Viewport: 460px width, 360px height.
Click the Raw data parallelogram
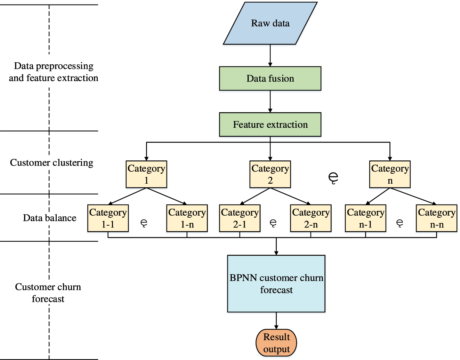pyautogui.click(x=270, y=23)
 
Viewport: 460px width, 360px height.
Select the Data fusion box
pyautogui.click(x=270, y=79)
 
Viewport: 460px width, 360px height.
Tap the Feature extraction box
pyautogui.click(x=270, y=125)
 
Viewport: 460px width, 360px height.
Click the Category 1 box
pyautogui.click(x=146, y=174)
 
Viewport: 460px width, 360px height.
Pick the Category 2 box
pyautogui.click(x=270, y=174)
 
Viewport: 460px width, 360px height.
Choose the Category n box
pyautogui.click(x=390, y=174)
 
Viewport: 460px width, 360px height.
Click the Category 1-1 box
pyautogui.click(x=108, y=218)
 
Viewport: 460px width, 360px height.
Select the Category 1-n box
pyautogui.click(x=187, y=218)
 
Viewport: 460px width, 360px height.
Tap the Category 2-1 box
pyautogui.click(x=240, y=218)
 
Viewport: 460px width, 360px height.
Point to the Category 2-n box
pyautogui.click(x=311, y=218)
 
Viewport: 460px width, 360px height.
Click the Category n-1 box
pyautogui.click(x=365, y=218)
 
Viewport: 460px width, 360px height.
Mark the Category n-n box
pyautogui.click(x=437, y=218)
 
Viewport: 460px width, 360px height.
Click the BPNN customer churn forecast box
pyautogui.click(x=276, y=284)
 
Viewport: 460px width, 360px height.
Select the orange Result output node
pyautogui.click(x=276, y=343)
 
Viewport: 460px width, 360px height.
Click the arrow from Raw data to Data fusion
pyautogui.click(x=270, y=56)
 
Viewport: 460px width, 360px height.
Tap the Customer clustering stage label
pyautogui.click(x=51, y=162)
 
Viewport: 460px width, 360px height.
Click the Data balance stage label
pyautogui.click(x=50, y=218)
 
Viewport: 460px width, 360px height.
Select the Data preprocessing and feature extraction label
pyautogui.click(x=54, y=72)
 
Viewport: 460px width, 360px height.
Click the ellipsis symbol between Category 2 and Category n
pyautogui.click(x=333, y=177)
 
